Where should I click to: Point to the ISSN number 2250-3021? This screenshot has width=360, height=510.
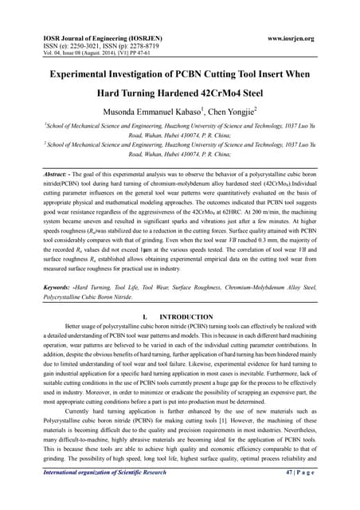coord(79,47)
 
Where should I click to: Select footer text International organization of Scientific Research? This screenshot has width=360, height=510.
coord(104,495)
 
